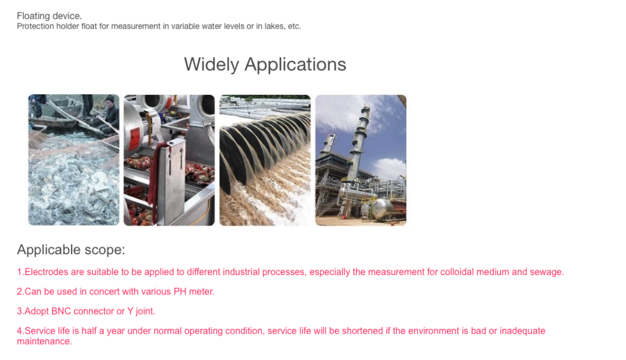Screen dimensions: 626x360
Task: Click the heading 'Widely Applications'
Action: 265,65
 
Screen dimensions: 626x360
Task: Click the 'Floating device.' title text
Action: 49,16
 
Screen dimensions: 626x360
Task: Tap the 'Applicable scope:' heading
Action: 71,250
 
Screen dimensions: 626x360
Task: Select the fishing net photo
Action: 74,160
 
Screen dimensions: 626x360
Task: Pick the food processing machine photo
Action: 169,160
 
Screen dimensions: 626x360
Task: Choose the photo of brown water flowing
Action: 265,160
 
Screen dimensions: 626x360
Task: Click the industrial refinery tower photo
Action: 361,160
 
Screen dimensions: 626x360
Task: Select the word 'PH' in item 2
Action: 180,292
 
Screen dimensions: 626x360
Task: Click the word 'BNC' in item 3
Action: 61,311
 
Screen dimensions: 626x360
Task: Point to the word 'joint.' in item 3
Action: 145,311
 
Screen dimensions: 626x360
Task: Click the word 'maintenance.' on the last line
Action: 44,342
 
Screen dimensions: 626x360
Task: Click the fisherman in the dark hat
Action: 109,115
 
